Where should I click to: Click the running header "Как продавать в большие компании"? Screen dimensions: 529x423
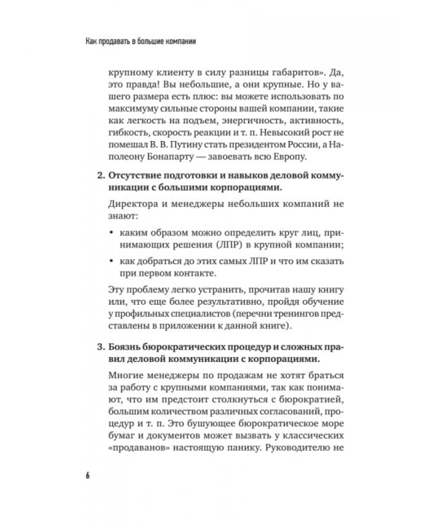136,42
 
